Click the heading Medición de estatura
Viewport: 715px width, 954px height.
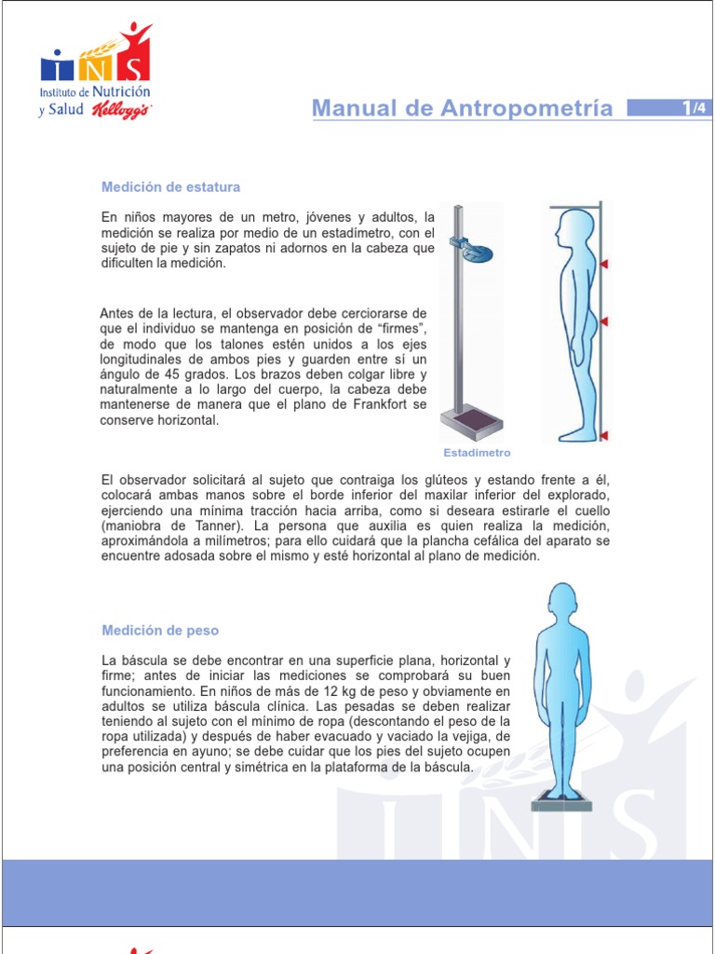pos(170,186)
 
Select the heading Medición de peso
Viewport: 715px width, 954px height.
pos(160,631)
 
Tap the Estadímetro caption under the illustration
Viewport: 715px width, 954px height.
pos(477,453)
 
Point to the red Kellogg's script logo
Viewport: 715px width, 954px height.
pos(122,111)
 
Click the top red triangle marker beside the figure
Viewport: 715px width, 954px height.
pos(603,264)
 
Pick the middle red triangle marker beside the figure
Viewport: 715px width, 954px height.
pos(603,321)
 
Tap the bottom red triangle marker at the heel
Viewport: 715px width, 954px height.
pos(603,435)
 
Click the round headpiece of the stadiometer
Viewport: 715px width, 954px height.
pos(478,251)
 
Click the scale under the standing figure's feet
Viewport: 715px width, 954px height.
pos(561,800)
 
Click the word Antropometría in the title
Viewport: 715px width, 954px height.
pos(527,108)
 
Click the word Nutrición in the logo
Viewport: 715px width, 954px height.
pos(121,92)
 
